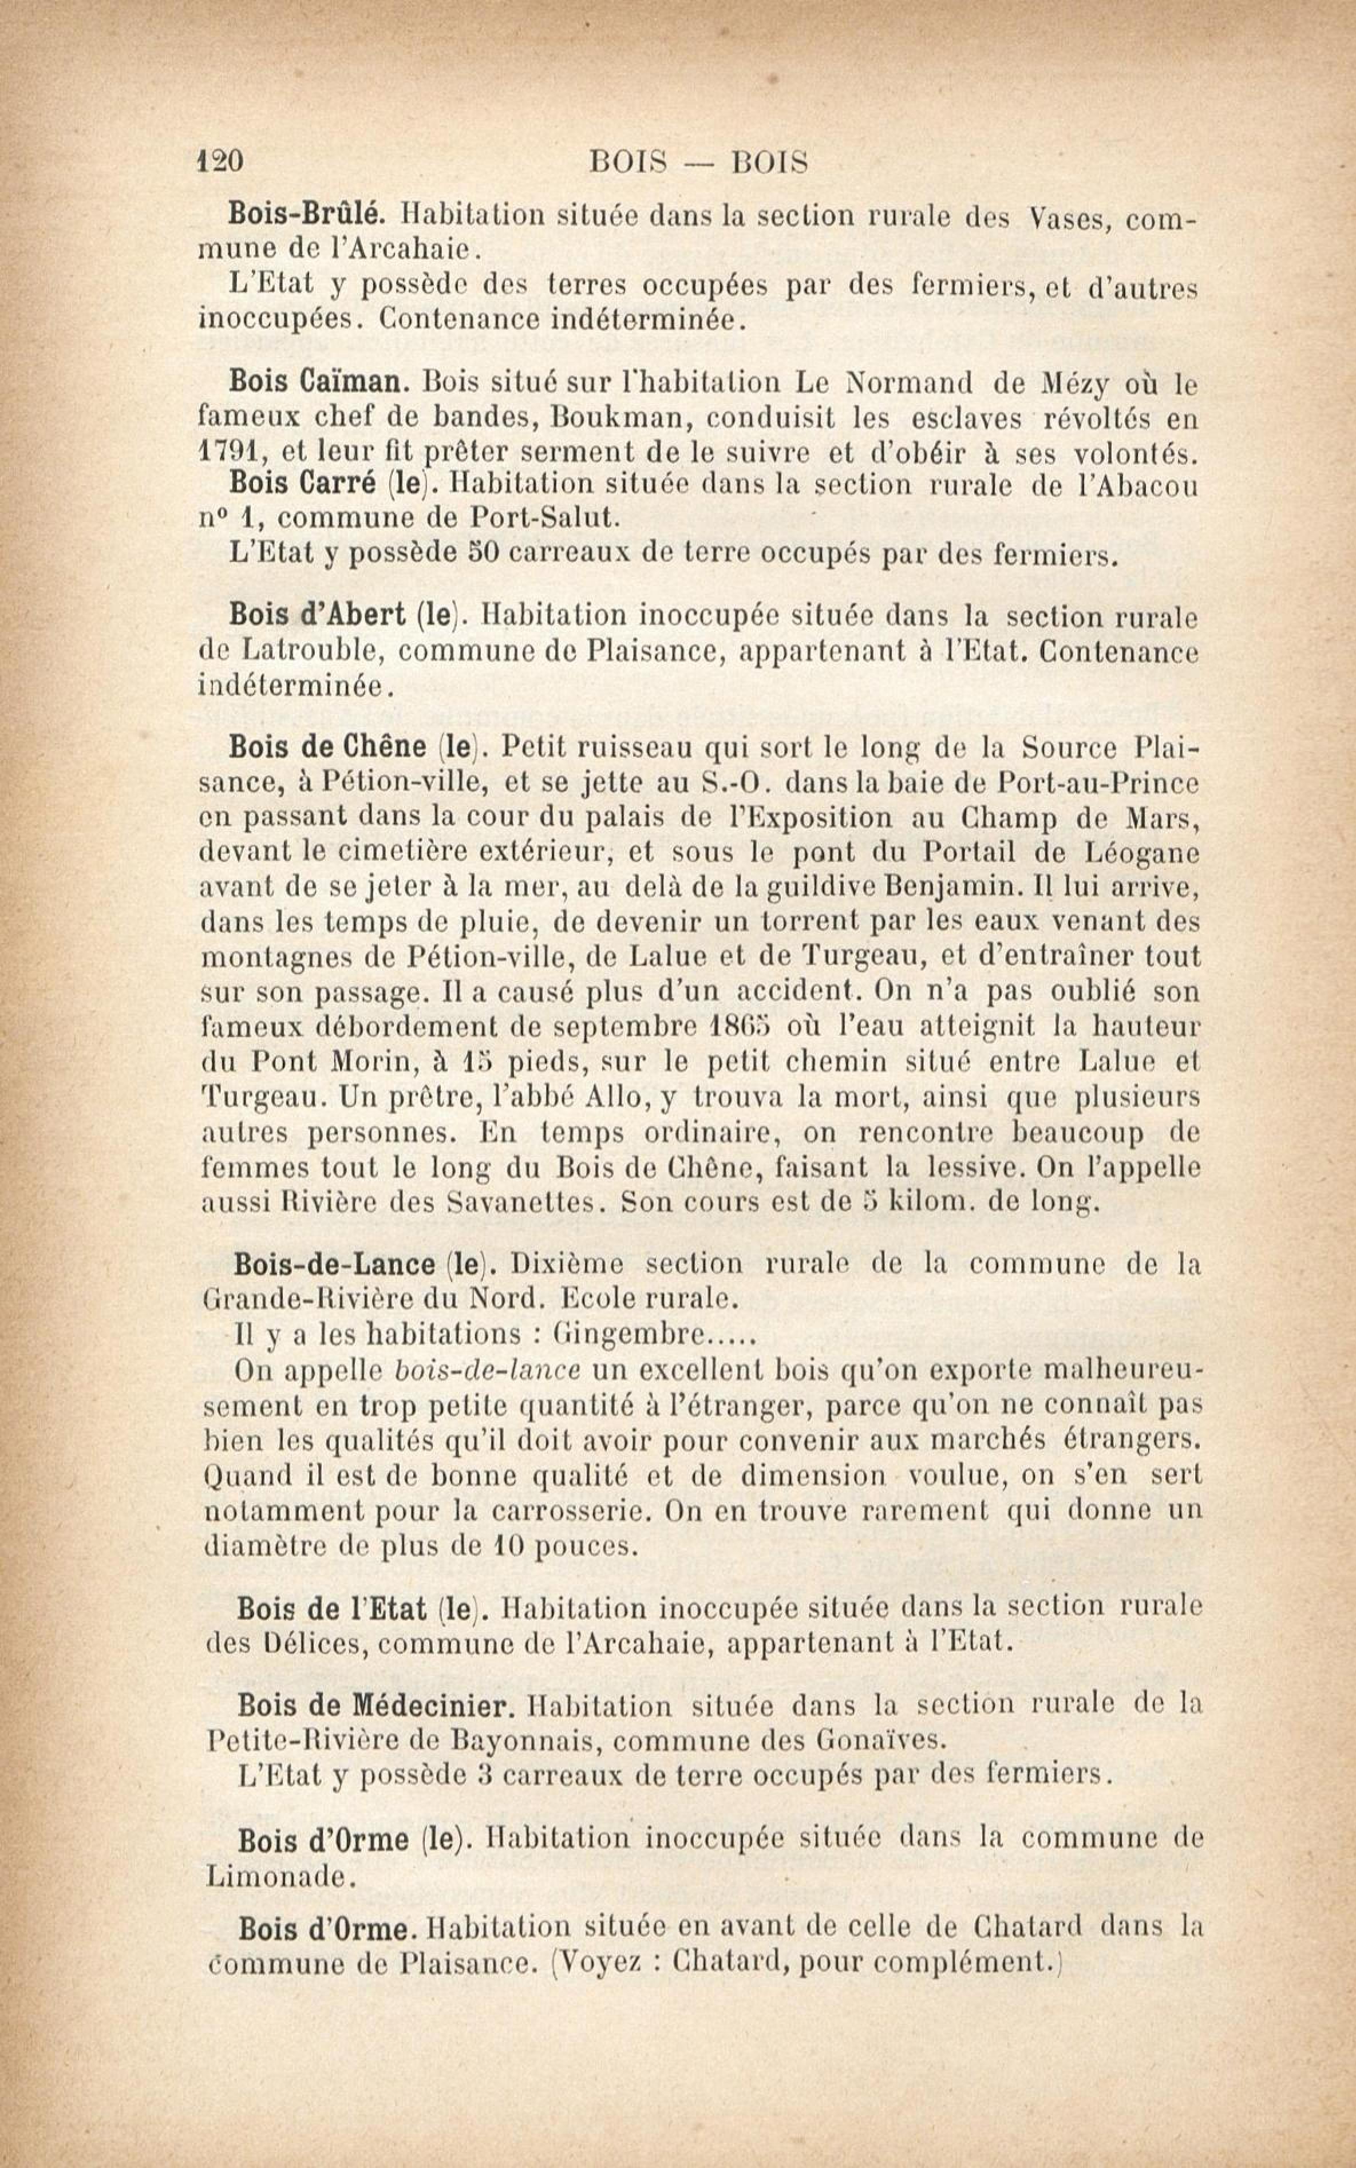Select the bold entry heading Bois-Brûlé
[307, 214]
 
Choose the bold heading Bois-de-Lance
[334, 1264]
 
